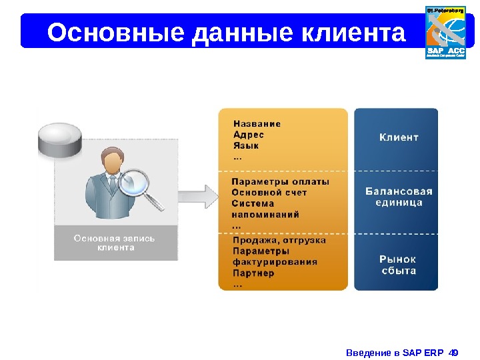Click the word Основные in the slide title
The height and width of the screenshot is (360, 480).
(x=115, y=32)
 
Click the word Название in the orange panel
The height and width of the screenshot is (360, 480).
(x=257, y=123)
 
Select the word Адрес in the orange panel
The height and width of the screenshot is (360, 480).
(x=249, y=135)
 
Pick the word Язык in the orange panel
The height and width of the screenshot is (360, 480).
(x=246, y=146)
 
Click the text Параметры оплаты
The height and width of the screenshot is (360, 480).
(x=280, y=181)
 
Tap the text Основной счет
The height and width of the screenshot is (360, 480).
(x=269, y=193)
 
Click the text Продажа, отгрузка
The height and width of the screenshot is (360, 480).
(x=279, y=240)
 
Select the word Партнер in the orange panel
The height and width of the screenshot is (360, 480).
(x=253, y=273)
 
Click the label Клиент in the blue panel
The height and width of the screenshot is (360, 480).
(x=399, y=137)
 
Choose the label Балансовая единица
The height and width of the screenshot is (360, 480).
(x=399, y=197)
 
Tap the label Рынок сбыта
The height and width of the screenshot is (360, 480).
(x=399, y=265)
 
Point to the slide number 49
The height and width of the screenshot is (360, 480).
(x=455, y=351)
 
